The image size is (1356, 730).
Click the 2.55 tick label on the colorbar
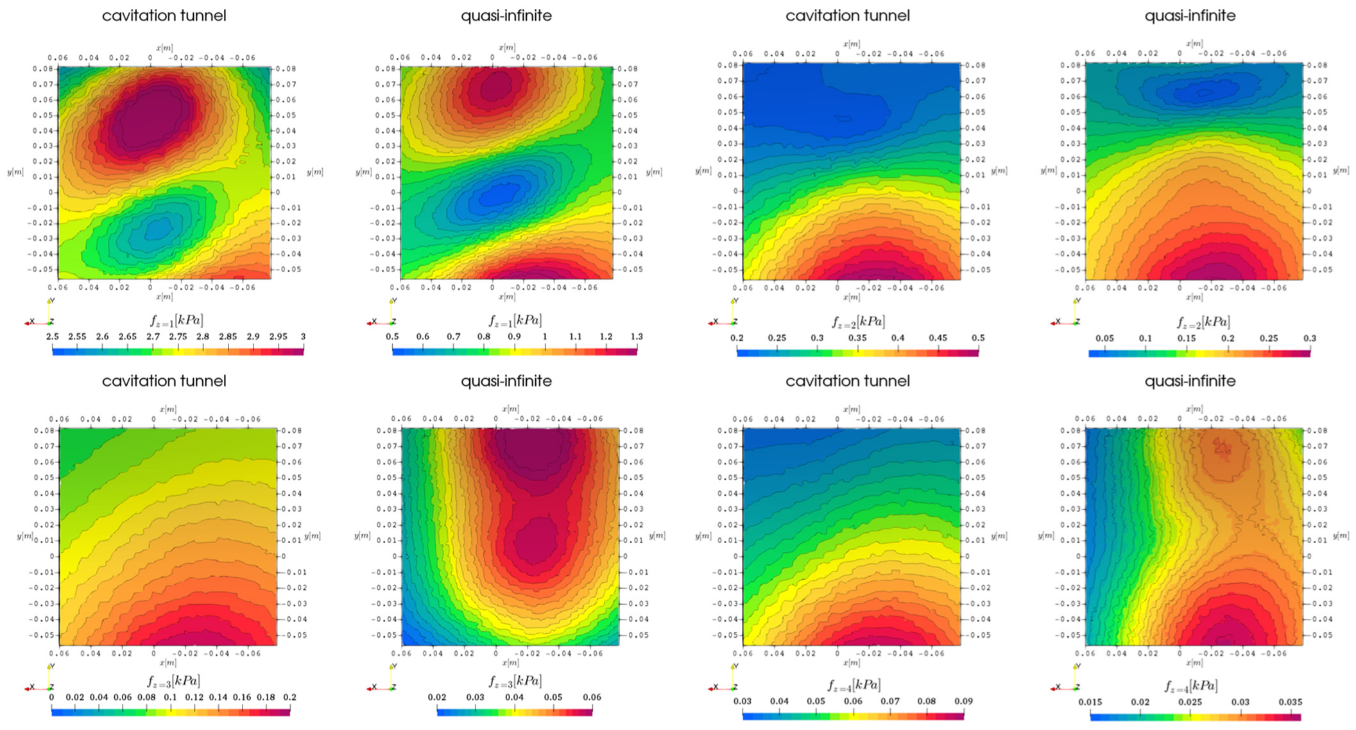pyautogui.click(x=77, y=336)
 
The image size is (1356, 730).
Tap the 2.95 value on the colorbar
pyautogui.click(x=278, y=336)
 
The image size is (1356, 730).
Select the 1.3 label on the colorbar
pyautogui.click(x=636, y=336)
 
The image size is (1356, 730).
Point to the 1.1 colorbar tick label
pyautogui.click(x=575, y=336)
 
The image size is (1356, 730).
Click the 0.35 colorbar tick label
pyautogui.click(x=857, y=338)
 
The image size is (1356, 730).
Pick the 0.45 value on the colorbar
pyautogui.click(x=938, y=338)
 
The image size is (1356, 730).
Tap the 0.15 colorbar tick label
pyautogui.click(x=1187, y=338)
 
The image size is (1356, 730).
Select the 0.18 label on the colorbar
pyautogui.click(x=266, y=697)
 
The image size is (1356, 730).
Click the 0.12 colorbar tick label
pyautogui.click(x=194, y=697)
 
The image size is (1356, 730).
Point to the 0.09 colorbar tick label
pyautogui.click(x=963, y=701)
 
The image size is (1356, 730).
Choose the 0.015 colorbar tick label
pyautogui.click(x=1090, y=702)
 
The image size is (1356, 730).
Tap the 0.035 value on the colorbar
pyautogui.click(x=1290, y=702)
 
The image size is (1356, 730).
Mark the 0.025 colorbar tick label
pyautogui.click(x=1190, y=702)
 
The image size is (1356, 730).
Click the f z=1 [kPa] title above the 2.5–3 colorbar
pyautogui.click(x=176, y=320)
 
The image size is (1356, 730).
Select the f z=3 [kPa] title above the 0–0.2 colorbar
pyautogui.click(x=173, y=681)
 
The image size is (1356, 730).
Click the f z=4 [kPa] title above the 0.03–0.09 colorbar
pyautogui.click(x=854, y=685)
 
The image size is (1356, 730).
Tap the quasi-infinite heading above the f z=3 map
pyautogui.click(x=506, y=381)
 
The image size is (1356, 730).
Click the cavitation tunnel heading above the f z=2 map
pyautogui.click(x=847, y=15)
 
